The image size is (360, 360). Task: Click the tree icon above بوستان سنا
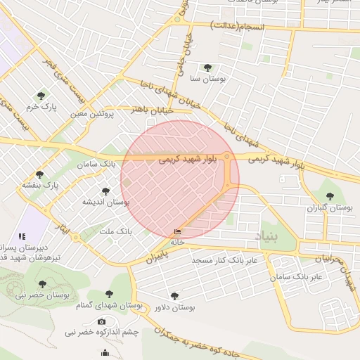207,67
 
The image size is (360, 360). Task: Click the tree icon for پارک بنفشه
39,174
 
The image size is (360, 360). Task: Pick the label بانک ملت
115,231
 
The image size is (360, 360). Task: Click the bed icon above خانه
177,231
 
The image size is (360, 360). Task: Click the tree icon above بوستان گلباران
330,196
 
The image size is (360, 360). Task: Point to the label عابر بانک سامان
297,276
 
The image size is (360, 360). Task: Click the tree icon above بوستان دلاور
174,296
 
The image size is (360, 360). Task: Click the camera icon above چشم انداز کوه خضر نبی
102,321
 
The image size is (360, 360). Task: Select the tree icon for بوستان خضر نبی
42,283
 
